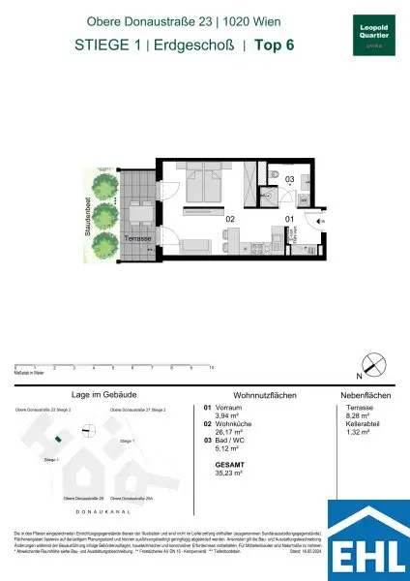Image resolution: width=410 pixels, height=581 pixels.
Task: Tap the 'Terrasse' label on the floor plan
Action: pyautogui.click(x=141, y=237)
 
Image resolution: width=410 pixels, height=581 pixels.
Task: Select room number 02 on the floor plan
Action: pyautogui.click(x=230, y=220)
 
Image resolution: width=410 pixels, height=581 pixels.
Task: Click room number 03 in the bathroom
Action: pyautogui.click(x=288, y=180)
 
